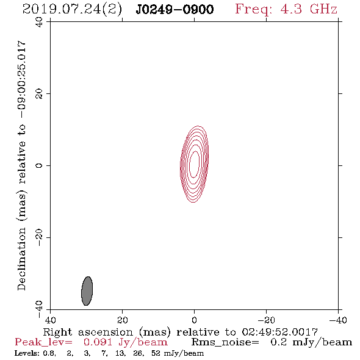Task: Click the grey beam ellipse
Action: coord(87,291)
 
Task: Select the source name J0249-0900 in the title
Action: coord(175,10)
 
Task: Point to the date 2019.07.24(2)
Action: coord(72,10)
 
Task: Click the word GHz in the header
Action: coord(324,9)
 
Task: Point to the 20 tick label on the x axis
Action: coord(123,320)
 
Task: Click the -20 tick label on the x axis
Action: coord(266,320)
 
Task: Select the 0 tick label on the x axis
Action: coord(195,320)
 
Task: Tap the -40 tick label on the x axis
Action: coord(338,320)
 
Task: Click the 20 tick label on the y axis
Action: coord(39,94)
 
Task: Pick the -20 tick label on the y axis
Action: coord(39,237)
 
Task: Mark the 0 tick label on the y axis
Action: coord(39,165)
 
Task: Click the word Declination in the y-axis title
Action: coord(21,259)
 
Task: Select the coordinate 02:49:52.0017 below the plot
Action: coord(280,332)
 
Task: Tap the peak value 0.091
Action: coord(98,342)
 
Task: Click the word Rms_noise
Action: coord(225,342)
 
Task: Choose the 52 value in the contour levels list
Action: coord(156,353)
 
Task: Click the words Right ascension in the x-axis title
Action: coord(88,332)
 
